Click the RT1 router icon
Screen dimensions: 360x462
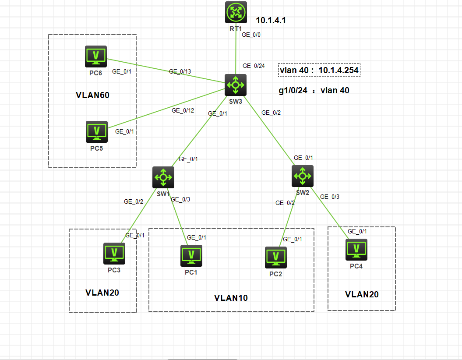point(236,12)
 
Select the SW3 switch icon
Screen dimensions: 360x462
point(236,85)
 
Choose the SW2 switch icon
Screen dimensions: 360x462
point(303,176)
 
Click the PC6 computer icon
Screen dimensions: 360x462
point(96,56)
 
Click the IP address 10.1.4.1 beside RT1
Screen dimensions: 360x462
point(274,20)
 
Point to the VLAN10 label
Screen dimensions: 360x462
point(231,298)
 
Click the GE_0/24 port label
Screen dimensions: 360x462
point(254,66)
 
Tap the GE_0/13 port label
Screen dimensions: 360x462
point(180,71)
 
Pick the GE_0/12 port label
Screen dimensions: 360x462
point(183,110)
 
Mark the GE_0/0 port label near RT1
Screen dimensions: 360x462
point(251,35)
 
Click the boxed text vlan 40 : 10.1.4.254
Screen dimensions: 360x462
point(319,70)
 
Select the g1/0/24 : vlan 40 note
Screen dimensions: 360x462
point(314,91)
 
